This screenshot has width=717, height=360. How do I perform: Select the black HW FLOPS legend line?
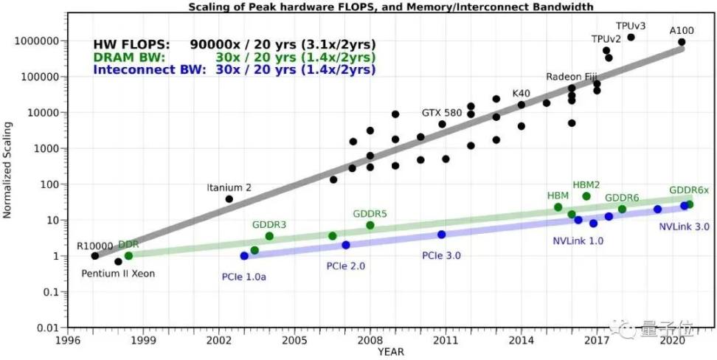235,44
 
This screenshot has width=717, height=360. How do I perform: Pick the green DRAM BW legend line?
235,57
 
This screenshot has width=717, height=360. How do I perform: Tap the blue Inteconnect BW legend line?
235,70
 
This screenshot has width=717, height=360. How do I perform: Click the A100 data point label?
682,30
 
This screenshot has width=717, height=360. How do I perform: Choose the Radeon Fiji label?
570,77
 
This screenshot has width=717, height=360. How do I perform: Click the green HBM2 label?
586,184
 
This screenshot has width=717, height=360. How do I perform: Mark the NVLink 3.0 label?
684,227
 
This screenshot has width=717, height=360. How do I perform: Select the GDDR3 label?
269,224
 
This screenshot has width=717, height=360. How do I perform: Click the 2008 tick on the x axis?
370,342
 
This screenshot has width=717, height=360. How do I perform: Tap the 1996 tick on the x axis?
68,342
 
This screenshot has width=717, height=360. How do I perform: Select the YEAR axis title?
390,353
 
